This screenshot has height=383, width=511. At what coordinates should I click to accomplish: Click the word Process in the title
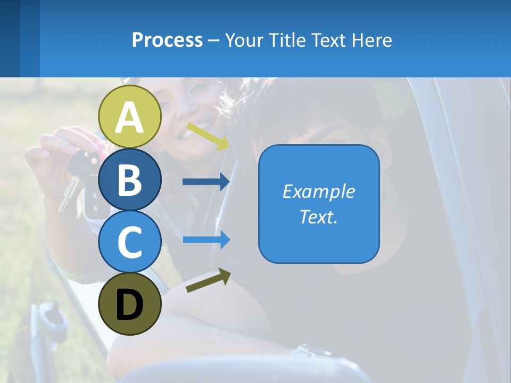tap(167, 40)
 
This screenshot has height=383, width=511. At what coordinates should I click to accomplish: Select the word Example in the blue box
tap(319, 191)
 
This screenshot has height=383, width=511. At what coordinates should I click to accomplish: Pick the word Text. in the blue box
tap(319, 217)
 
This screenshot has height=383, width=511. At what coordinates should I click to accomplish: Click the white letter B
tap(130, 179)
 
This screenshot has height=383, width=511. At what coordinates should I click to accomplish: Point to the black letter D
tap(130, 305)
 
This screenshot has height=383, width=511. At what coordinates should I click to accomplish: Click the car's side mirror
tap(48, 324)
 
